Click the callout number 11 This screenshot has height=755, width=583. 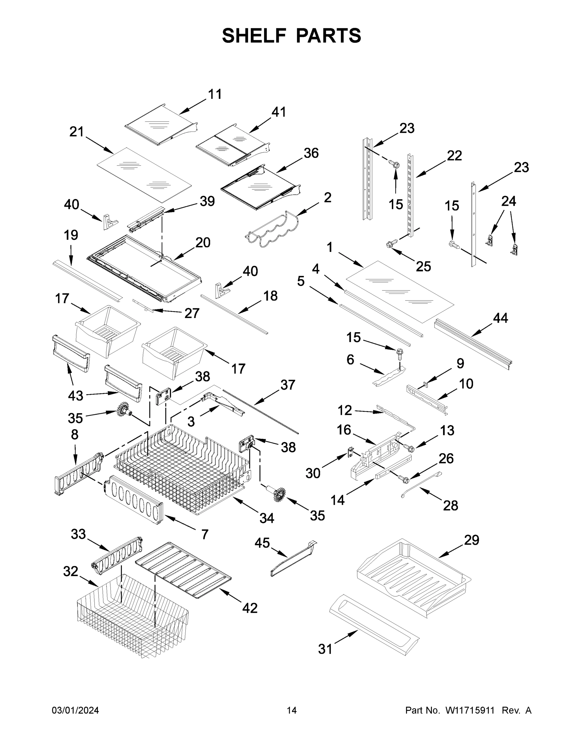pos(215,94)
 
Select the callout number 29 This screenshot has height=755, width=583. pos(471,540)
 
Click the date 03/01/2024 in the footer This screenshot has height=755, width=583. pos(75,710)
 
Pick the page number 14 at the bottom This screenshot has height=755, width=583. pos(292,710)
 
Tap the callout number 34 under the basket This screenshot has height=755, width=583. pos(267,518)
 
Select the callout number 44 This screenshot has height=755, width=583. pos(500,318)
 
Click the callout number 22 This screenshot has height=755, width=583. pos(454,156)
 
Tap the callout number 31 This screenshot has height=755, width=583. pos(325,649)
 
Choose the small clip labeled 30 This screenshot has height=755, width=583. pos(350,452)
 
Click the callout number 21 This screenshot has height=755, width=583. pos(77,132)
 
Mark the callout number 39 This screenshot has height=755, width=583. pos(207,201)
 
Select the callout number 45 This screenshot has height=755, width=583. pos(262,543)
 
